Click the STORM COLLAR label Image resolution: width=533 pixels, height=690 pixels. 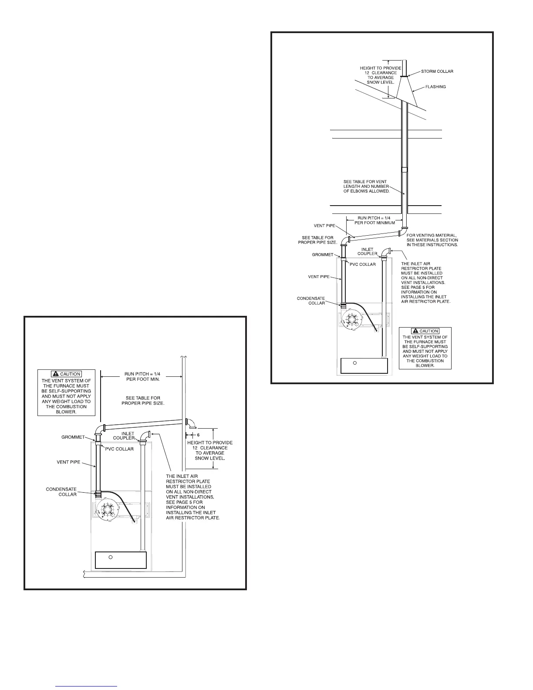(438, 71)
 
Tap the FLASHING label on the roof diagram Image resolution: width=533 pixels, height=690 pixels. (435, 87)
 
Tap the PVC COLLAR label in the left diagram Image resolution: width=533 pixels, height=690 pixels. (118, 449)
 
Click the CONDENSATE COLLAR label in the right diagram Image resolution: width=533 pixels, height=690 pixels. (311, 301)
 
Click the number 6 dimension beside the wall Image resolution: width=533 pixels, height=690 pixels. (198, 435)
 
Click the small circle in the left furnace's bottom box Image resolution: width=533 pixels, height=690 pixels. (111, 557)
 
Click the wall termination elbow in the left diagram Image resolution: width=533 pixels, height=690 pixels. (190, 423)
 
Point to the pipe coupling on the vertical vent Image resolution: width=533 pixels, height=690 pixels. (405, 169)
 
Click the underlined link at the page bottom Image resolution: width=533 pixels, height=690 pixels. (87, 686)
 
